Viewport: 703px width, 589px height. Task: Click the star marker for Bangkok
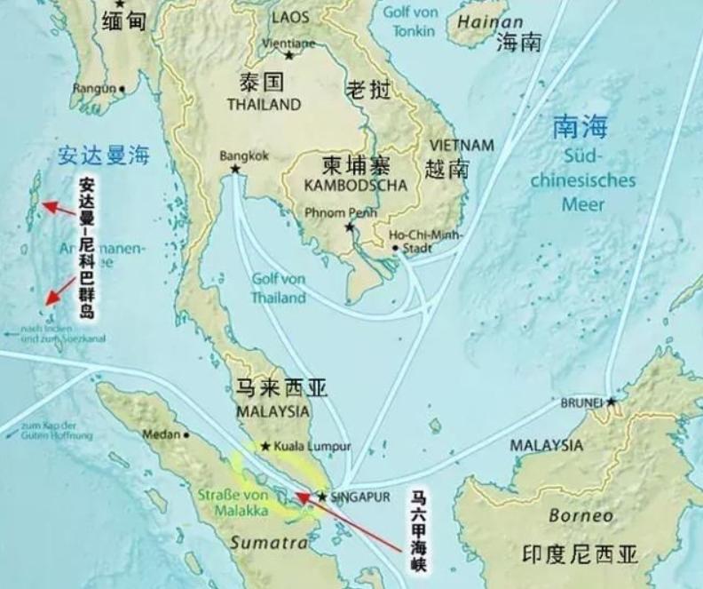pyautogui.click(x=235, y=169)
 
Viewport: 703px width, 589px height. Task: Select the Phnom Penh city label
pyautogui.click(x=340, y=213)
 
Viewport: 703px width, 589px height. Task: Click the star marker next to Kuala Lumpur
pyautogui.click(x=265, y=446)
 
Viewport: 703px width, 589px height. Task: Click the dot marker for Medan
pyautogui.click(x=186, y=434)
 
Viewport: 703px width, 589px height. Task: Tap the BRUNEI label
pyautogui.click(x=581, y=402)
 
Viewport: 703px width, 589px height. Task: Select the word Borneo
pyautogui.click(x=581, y=515)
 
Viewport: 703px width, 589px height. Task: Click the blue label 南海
pyautogui.click(x=580, y=127)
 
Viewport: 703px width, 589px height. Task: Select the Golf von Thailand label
pyautogui.click(x=278, y=289)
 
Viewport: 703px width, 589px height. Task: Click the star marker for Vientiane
pyautogui.click(x=288, y=55)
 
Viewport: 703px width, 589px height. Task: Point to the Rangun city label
pyautogui.click(x=94, y=88)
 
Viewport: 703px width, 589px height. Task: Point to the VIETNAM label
pyautogui.click(x=461, y=145)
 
